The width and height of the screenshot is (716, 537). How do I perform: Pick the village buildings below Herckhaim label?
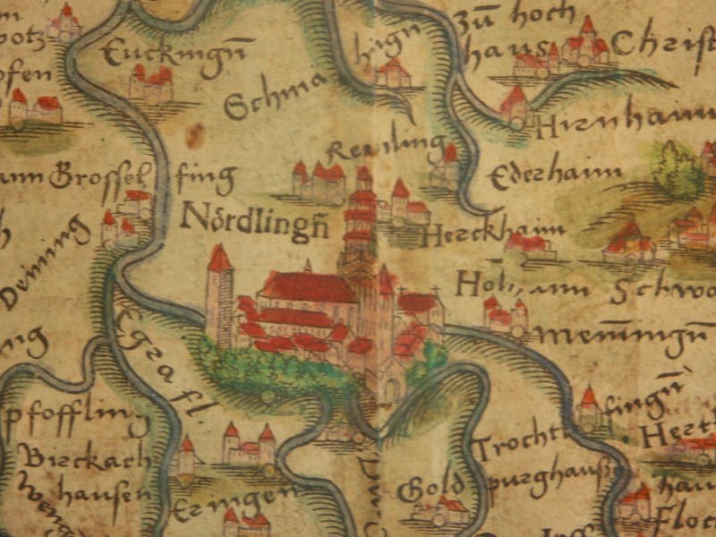528,245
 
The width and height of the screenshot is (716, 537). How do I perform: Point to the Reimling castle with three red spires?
320,180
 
